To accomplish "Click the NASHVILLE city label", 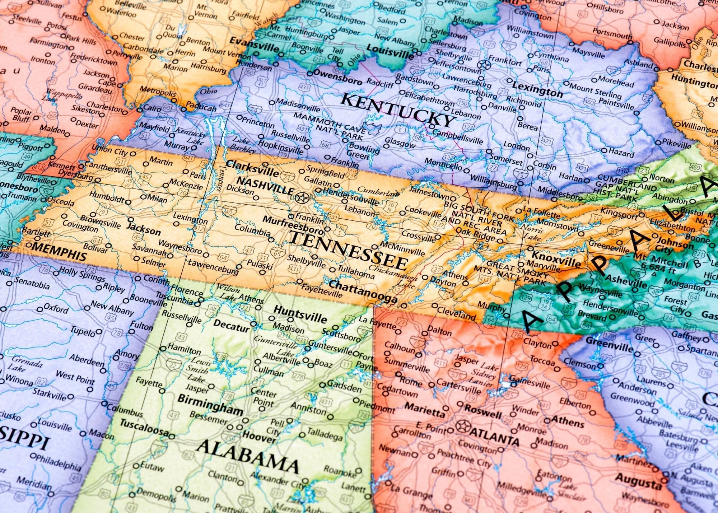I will click(265, 185).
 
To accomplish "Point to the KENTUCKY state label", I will click(397, 109).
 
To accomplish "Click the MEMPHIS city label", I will click(60, 251).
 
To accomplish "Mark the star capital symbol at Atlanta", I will click(463, 426).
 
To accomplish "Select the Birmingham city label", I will click(210, 404).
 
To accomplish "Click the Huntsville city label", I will click(300, 314).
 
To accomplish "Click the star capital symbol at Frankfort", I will click(484, 65).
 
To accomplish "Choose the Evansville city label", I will click(254, 45).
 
